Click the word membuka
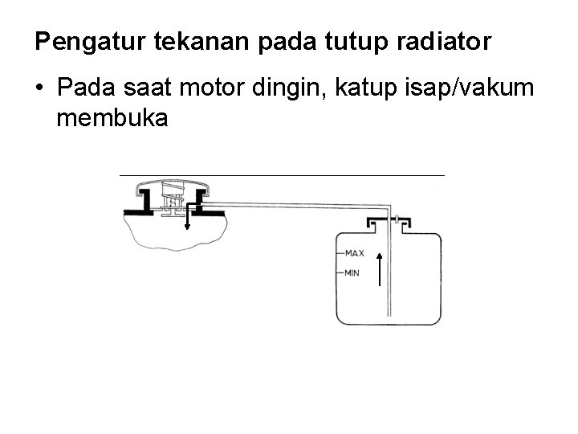point(112,119)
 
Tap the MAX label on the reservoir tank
point(354,253)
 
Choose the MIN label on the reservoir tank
point(352,273)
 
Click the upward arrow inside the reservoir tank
point(379,266)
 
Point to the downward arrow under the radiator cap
point(187,215)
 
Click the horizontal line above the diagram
point(281,174)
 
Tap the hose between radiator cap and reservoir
point(297,206)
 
